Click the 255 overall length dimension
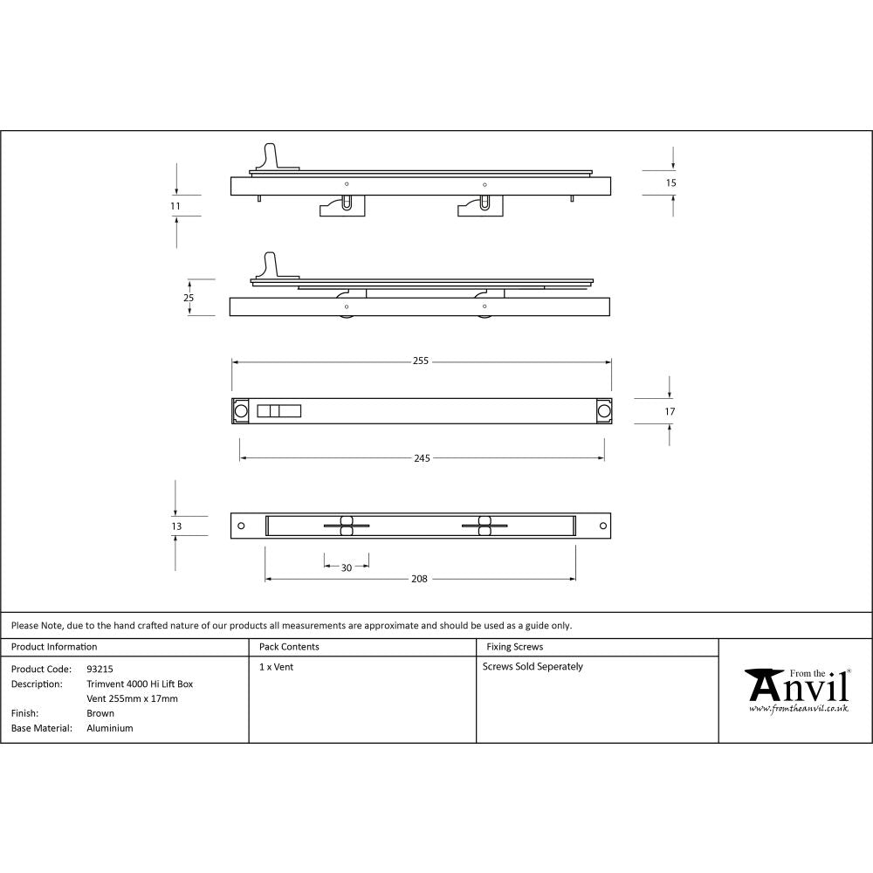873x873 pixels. (421, 361)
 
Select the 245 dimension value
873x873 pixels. (421, 457)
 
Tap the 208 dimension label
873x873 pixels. (419, 579)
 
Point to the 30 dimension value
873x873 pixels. (346, 567)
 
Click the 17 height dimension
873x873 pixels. (670, 411)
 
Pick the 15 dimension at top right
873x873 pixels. (670, 183)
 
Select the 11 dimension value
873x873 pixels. (175, 206)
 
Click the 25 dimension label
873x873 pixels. (188, 298)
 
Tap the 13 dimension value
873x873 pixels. (176, 526)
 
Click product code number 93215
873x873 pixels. (100, 669)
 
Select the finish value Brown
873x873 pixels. (100, 713)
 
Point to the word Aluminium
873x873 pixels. (110, 728)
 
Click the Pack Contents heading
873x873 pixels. (289, 647)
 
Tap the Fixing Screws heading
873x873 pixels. (514, 647)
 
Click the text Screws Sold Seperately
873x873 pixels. (533, 667)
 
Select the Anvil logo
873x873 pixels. (796, 687)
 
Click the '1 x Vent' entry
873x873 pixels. (276, 667)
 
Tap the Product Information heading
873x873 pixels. (54, 647)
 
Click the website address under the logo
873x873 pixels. (798, 710)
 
